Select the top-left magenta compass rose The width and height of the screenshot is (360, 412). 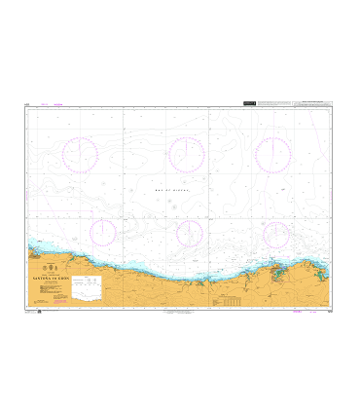(81, 154)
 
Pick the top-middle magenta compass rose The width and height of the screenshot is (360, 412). (185, 154)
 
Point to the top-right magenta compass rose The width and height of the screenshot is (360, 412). (272, 154)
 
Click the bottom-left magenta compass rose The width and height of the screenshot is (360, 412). (102, 232)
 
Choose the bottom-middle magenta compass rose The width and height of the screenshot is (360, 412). (189, 233)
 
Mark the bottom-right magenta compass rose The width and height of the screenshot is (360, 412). (276, 234)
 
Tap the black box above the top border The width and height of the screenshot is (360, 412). (251, 101)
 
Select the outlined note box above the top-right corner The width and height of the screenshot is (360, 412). (303, 101)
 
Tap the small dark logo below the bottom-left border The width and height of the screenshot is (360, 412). (39, 313)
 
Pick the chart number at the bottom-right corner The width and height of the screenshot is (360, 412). (330, 313)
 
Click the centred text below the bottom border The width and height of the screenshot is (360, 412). (179, 314)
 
